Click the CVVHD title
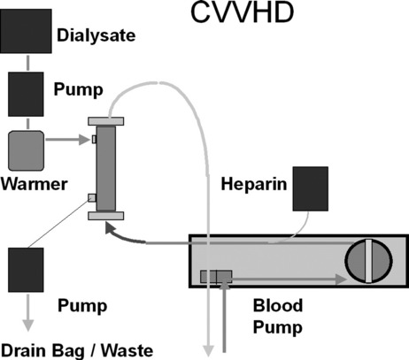[x=243, y=12]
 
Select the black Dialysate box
[x=26, y=31]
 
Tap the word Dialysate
[x=96, y=35]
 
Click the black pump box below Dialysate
[x=26, y=94]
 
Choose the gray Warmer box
[x=27, y=150]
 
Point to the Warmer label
[x=35, y=184]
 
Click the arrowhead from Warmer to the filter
[x=84, y=140]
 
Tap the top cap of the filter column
[x=106, y=121]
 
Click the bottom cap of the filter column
[x=106, y=216]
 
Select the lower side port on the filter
[x=92, y=197]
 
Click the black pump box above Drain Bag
[x=26, y=270]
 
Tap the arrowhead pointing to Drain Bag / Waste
[x=27, y=326]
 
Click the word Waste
[x=127, y=350]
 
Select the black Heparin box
[x=311, y=188]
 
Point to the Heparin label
[x=254, y=184]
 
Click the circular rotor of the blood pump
[x=368, y=261]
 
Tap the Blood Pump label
[x=278, y=317]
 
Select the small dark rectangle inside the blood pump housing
[x=216, y=277]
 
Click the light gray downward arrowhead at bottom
[x=209, y=351]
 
